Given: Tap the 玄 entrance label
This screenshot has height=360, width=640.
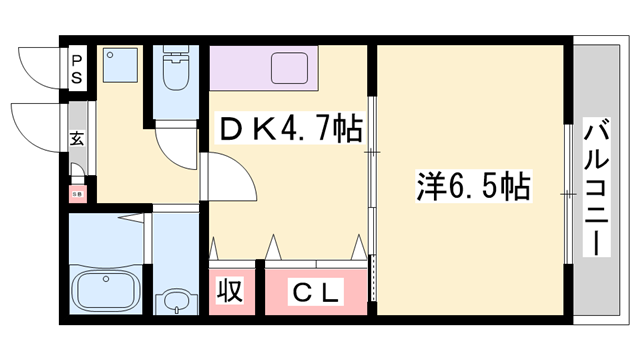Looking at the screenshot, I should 77,140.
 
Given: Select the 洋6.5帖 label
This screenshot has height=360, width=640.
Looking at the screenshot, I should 472,185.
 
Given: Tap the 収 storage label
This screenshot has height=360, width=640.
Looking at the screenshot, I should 231,291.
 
